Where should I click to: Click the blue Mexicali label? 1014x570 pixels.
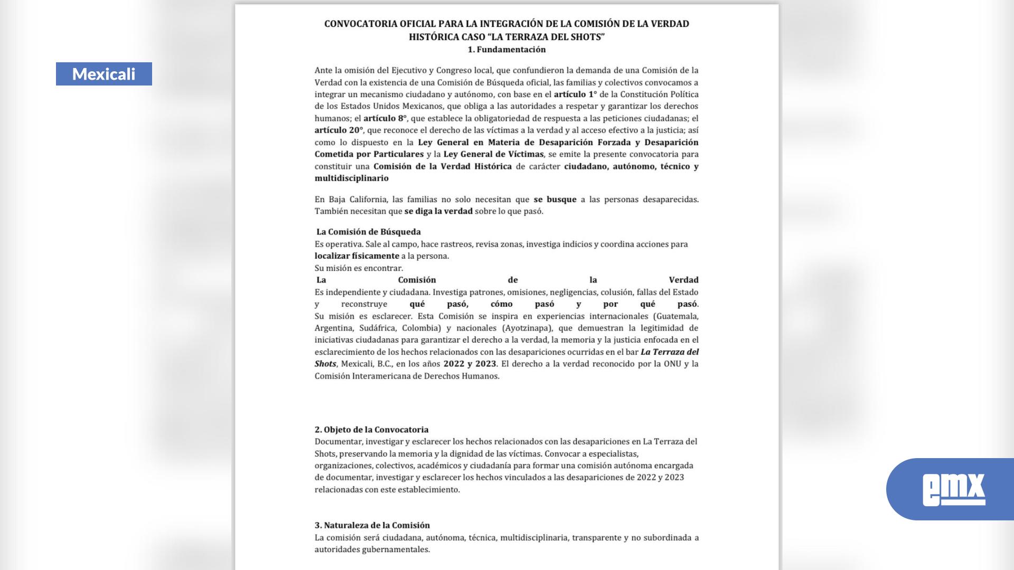click(104, 74)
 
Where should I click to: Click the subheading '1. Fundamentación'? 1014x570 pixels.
click(506, 50)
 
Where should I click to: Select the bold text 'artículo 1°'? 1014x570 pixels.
click(575, 94)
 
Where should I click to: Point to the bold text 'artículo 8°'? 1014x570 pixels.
click(385, 118)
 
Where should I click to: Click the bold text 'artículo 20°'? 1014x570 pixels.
click(339, 130)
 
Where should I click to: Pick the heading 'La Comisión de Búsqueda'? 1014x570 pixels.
click(368, 232)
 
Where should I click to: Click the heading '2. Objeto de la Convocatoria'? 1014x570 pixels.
click(371, 430)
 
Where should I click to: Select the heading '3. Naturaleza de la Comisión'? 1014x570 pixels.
click(372, 525)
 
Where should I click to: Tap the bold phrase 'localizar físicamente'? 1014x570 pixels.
click(356, 256)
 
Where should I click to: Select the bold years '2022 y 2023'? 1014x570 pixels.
click(470, 364)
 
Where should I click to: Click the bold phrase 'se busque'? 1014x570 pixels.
click(555, 199)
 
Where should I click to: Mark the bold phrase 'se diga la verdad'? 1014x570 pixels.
click(438, 211)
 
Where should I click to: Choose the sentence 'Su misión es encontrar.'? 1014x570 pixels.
click(359, 268)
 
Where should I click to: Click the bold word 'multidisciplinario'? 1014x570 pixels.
click(351, 178)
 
